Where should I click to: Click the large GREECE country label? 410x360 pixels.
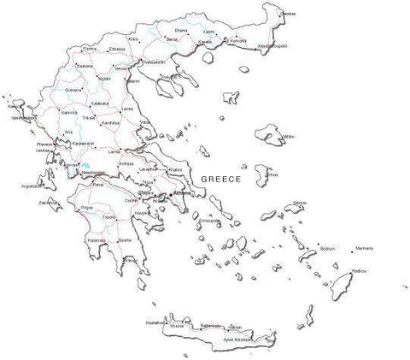pos(220,179)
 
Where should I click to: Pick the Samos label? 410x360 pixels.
pos(299,203)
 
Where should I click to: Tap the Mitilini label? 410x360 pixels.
pos(288,135)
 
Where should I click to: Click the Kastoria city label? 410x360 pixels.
pos(85,65)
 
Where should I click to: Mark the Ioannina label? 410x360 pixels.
pos(69,113)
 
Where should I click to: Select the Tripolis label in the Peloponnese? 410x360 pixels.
pos(110,217)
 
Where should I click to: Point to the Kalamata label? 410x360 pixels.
pos(96,240)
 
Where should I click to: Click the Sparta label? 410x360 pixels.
pos(125,240)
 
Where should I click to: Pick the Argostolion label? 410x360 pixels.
pos(31,185)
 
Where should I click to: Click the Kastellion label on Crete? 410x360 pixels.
pos(155,322)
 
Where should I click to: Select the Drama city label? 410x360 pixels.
pos(180,30)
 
